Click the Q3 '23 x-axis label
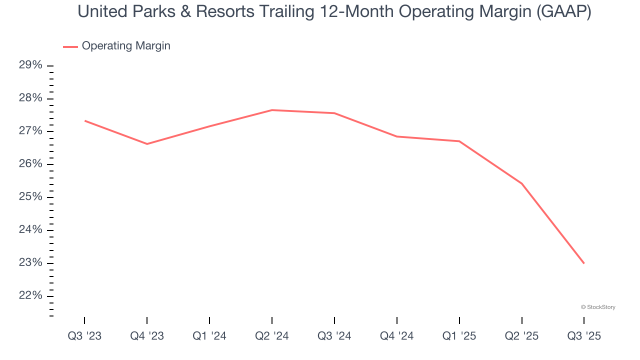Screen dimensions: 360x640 [x=84, y=336]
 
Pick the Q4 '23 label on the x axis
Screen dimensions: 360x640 [x=147, y=336]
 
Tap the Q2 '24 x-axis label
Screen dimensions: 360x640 [x=272, y=336]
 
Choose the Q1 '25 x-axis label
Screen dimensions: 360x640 [x=459, y=336]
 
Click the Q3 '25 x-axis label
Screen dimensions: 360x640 [x=584, y=336]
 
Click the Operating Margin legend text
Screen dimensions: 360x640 [x=126, y=46]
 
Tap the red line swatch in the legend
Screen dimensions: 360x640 [x=70, y=46]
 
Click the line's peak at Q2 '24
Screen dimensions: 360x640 [x=272, y=110]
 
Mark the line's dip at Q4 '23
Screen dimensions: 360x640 [x=147, y=144]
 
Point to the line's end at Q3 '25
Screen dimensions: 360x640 [x=584, y=263]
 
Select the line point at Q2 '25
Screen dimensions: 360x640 [x=521, y=183]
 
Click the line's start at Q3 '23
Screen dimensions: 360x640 [x=85, y=120]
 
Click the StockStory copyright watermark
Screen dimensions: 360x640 [x=598, y=307]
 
